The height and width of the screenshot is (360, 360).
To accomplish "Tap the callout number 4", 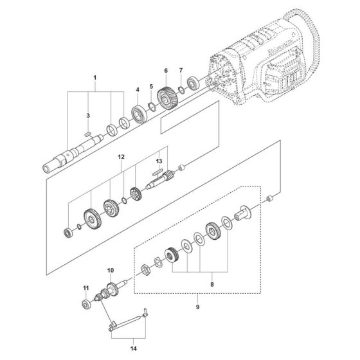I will pos(137,89).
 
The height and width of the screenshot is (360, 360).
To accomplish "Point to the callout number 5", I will pos(152,86).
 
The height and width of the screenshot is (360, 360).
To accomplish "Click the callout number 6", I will pos(165,71).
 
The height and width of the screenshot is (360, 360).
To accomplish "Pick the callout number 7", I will pos(181,71).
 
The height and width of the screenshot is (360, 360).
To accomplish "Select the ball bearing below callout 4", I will pos(139,113).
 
